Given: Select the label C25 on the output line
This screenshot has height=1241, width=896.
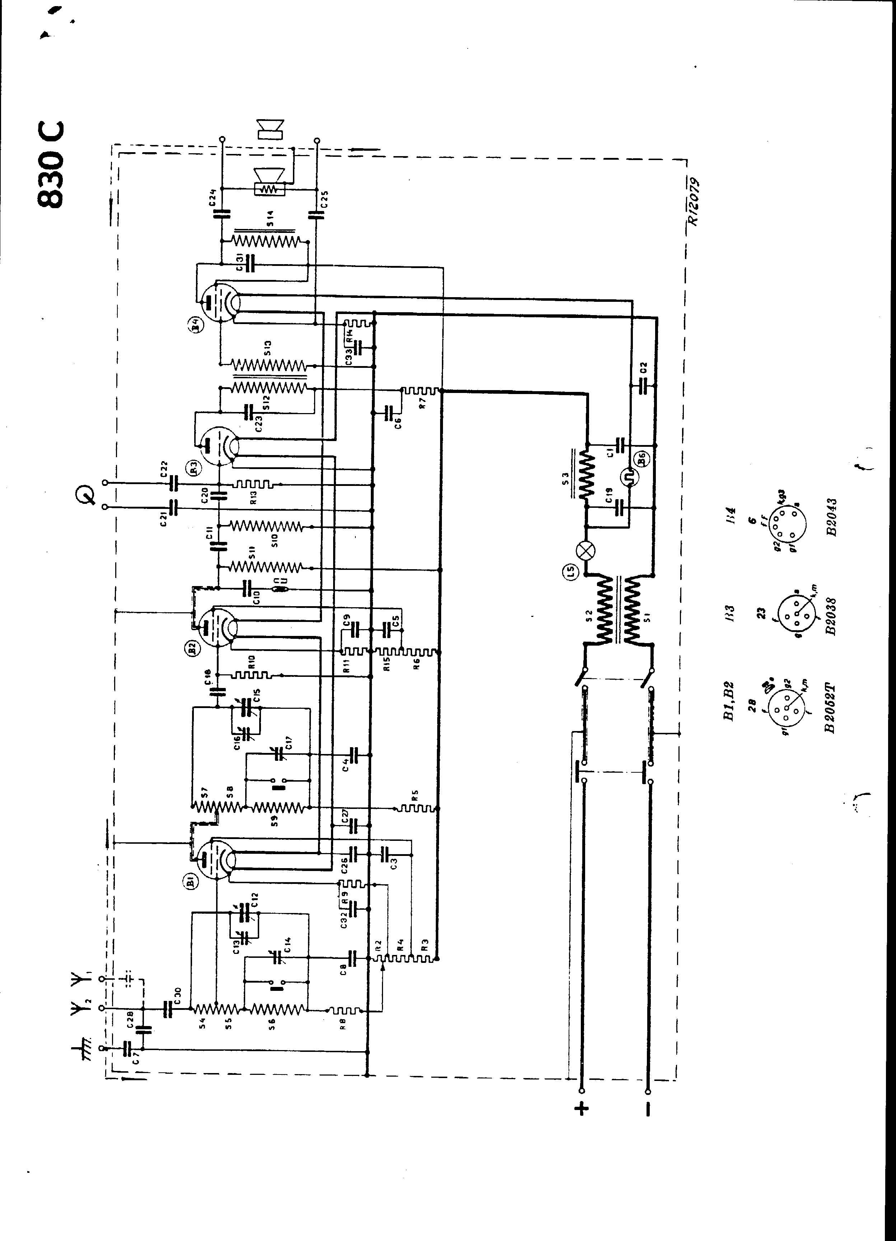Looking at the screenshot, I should (323, 195).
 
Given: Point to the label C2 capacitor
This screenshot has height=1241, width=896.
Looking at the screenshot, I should (644, 367).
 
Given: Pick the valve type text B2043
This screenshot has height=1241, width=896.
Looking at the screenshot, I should (832, 516).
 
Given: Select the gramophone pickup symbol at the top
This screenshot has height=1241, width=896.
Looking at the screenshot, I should (88, 495).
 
